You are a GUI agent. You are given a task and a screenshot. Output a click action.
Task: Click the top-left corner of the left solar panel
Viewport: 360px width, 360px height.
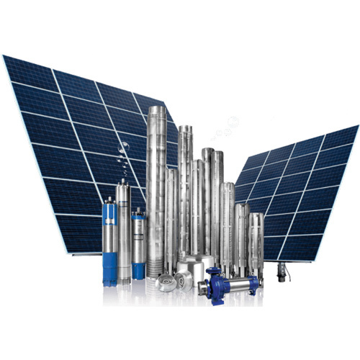click(x=4, y=57)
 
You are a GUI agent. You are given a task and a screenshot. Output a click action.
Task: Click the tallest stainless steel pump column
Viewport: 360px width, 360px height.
click(x=157, y=187)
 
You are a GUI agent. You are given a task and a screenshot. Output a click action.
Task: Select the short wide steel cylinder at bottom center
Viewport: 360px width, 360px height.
click(x=194, y=267)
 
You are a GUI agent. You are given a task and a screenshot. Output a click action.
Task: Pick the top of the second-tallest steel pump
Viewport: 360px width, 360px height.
click(x=186, y=128)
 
